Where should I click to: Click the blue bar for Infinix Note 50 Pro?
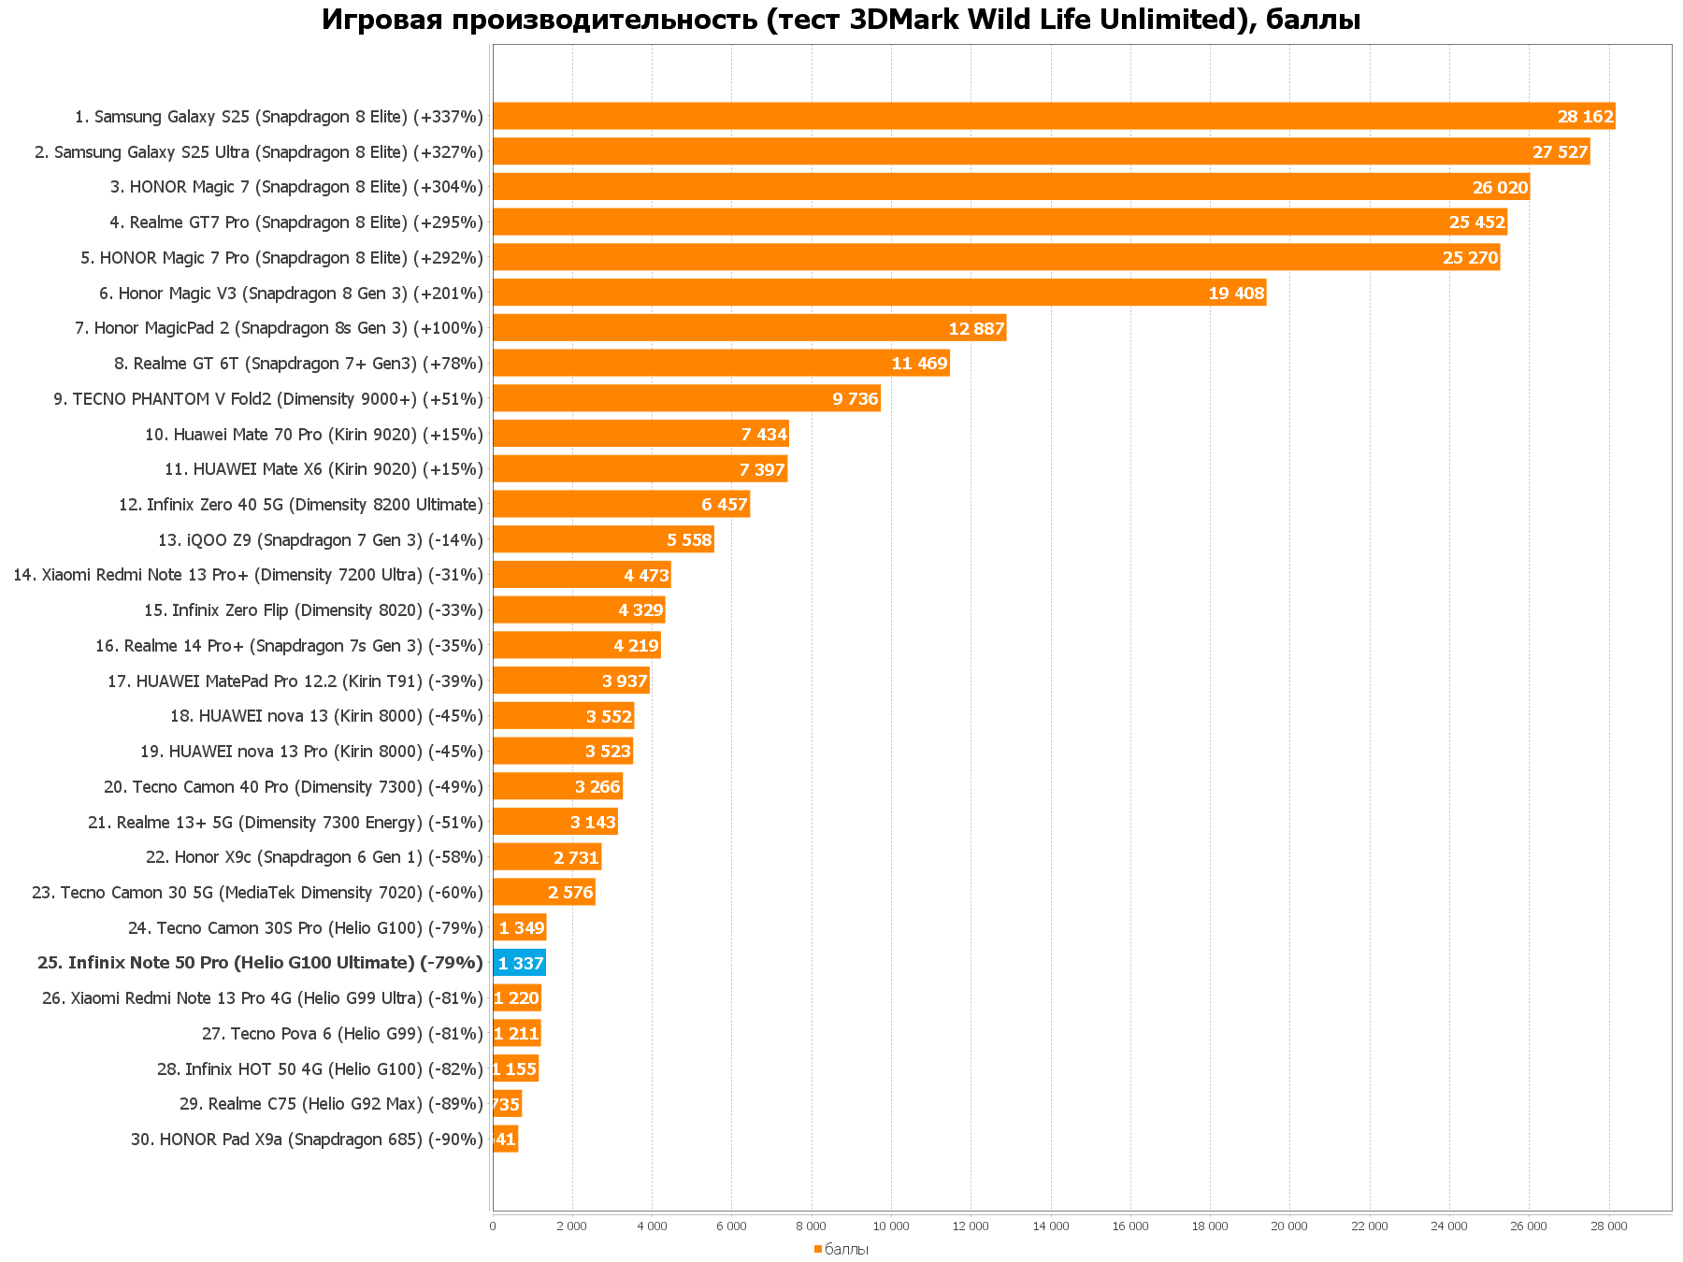519,963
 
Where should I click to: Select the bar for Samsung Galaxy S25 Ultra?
1041,151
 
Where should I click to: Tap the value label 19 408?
1236,294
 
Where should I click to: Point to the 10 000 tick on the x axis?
891,1226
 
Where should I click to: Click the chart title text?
841,19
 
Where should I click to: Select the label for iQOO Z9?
321,540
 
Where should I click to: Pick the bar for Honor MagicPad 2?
749,328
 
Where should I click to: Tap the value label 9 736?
856,399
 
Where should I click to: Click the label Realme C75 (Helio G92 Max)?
331,1104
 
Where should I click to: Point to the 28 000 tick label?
1609,1226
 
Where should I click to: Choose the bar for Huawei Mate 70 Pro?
640,434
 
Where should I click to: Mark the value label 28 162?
1585,117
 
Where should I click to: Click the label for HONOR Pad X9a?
307,1140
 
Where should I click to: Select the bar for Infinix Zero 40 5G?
621,505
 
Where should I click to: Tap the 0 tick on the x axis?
493,1226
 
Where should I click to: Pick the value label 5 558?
689,540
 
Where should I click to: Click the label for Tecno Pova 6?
342,1034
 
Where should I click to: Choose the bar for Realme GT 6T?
721,364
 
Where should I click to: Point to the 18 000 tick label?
1210,1226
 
